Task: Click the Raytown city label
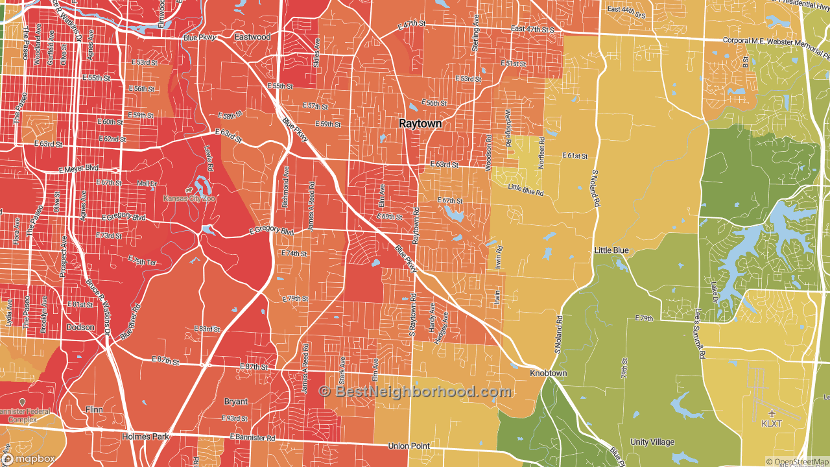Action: coord(420,123)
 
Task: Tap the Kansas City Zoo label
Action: coord(189,198)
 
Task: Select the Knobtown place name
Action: coord(548,374)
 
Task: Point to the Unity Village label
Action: coord(652,442)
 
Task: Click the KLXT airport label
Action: coord(772,424)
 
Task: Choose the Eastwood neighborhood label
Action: coord(252,37)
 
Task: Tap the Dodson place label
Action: coord(80,328)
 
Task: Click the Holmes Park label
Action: coord(145,437)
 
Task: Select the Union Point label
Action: coord(409,446)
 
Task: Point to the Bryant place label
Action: coord(236,401)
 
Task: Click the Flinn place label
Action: coord(94,409)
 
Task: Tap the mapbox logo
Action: coord(29,459)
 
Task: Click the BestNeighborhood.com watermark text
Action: coord(415,392)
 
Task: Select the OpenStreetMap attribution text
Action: coord(797,462)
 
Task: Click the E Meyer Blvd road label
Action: coord(78,169)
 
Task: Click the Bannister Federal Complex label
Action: coord(23,415)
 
